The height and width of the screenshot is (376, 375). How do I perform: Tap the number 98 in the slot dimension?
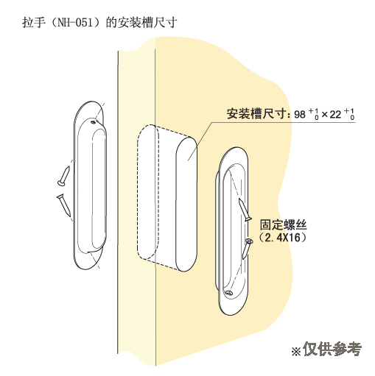coord(300,114)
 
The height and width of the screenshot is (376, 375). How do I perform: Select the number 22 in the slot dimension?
coord(335,114)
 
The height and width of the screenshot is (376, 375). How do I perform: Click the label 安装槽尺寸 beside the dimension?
coord(256,113)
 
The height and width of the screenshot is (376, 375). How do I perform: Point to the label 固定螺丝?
coord(284,224)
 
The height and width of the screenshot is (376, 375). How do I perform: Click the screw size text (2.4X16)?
coord(282,237)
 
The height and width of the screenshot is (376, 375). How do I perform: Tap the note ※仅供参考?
coord(326,349)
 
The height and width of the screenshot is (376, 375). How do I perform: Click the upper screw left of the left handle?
coord(63,176)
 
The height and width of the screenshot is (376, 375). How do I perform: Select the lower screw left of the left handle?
coord(64,205)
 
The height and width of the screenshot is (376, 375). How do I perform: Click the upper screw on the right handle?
coord(245,210)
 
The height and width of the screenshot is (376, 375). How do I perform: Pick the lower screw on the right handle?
coord(248,249)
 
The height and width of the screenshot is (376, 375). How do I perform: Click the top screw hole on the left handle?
coord(94,122)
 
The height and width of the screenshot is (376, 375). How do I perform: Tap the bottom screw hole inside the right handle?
coord(229,293)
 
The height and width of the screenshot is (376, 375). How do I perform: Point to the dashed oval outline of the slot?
coord(137,191)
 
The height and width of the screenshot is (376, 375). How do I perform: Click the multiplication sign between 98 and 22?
coord(324,115)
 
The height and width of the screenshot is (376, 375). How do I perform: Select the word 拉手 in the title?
coord(34,23)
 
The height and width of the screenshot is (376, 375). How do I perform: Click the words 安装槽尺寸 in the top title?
coord(147,23)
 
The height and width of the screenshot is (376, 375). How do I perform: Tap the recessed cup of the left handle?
coord(92,186)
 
